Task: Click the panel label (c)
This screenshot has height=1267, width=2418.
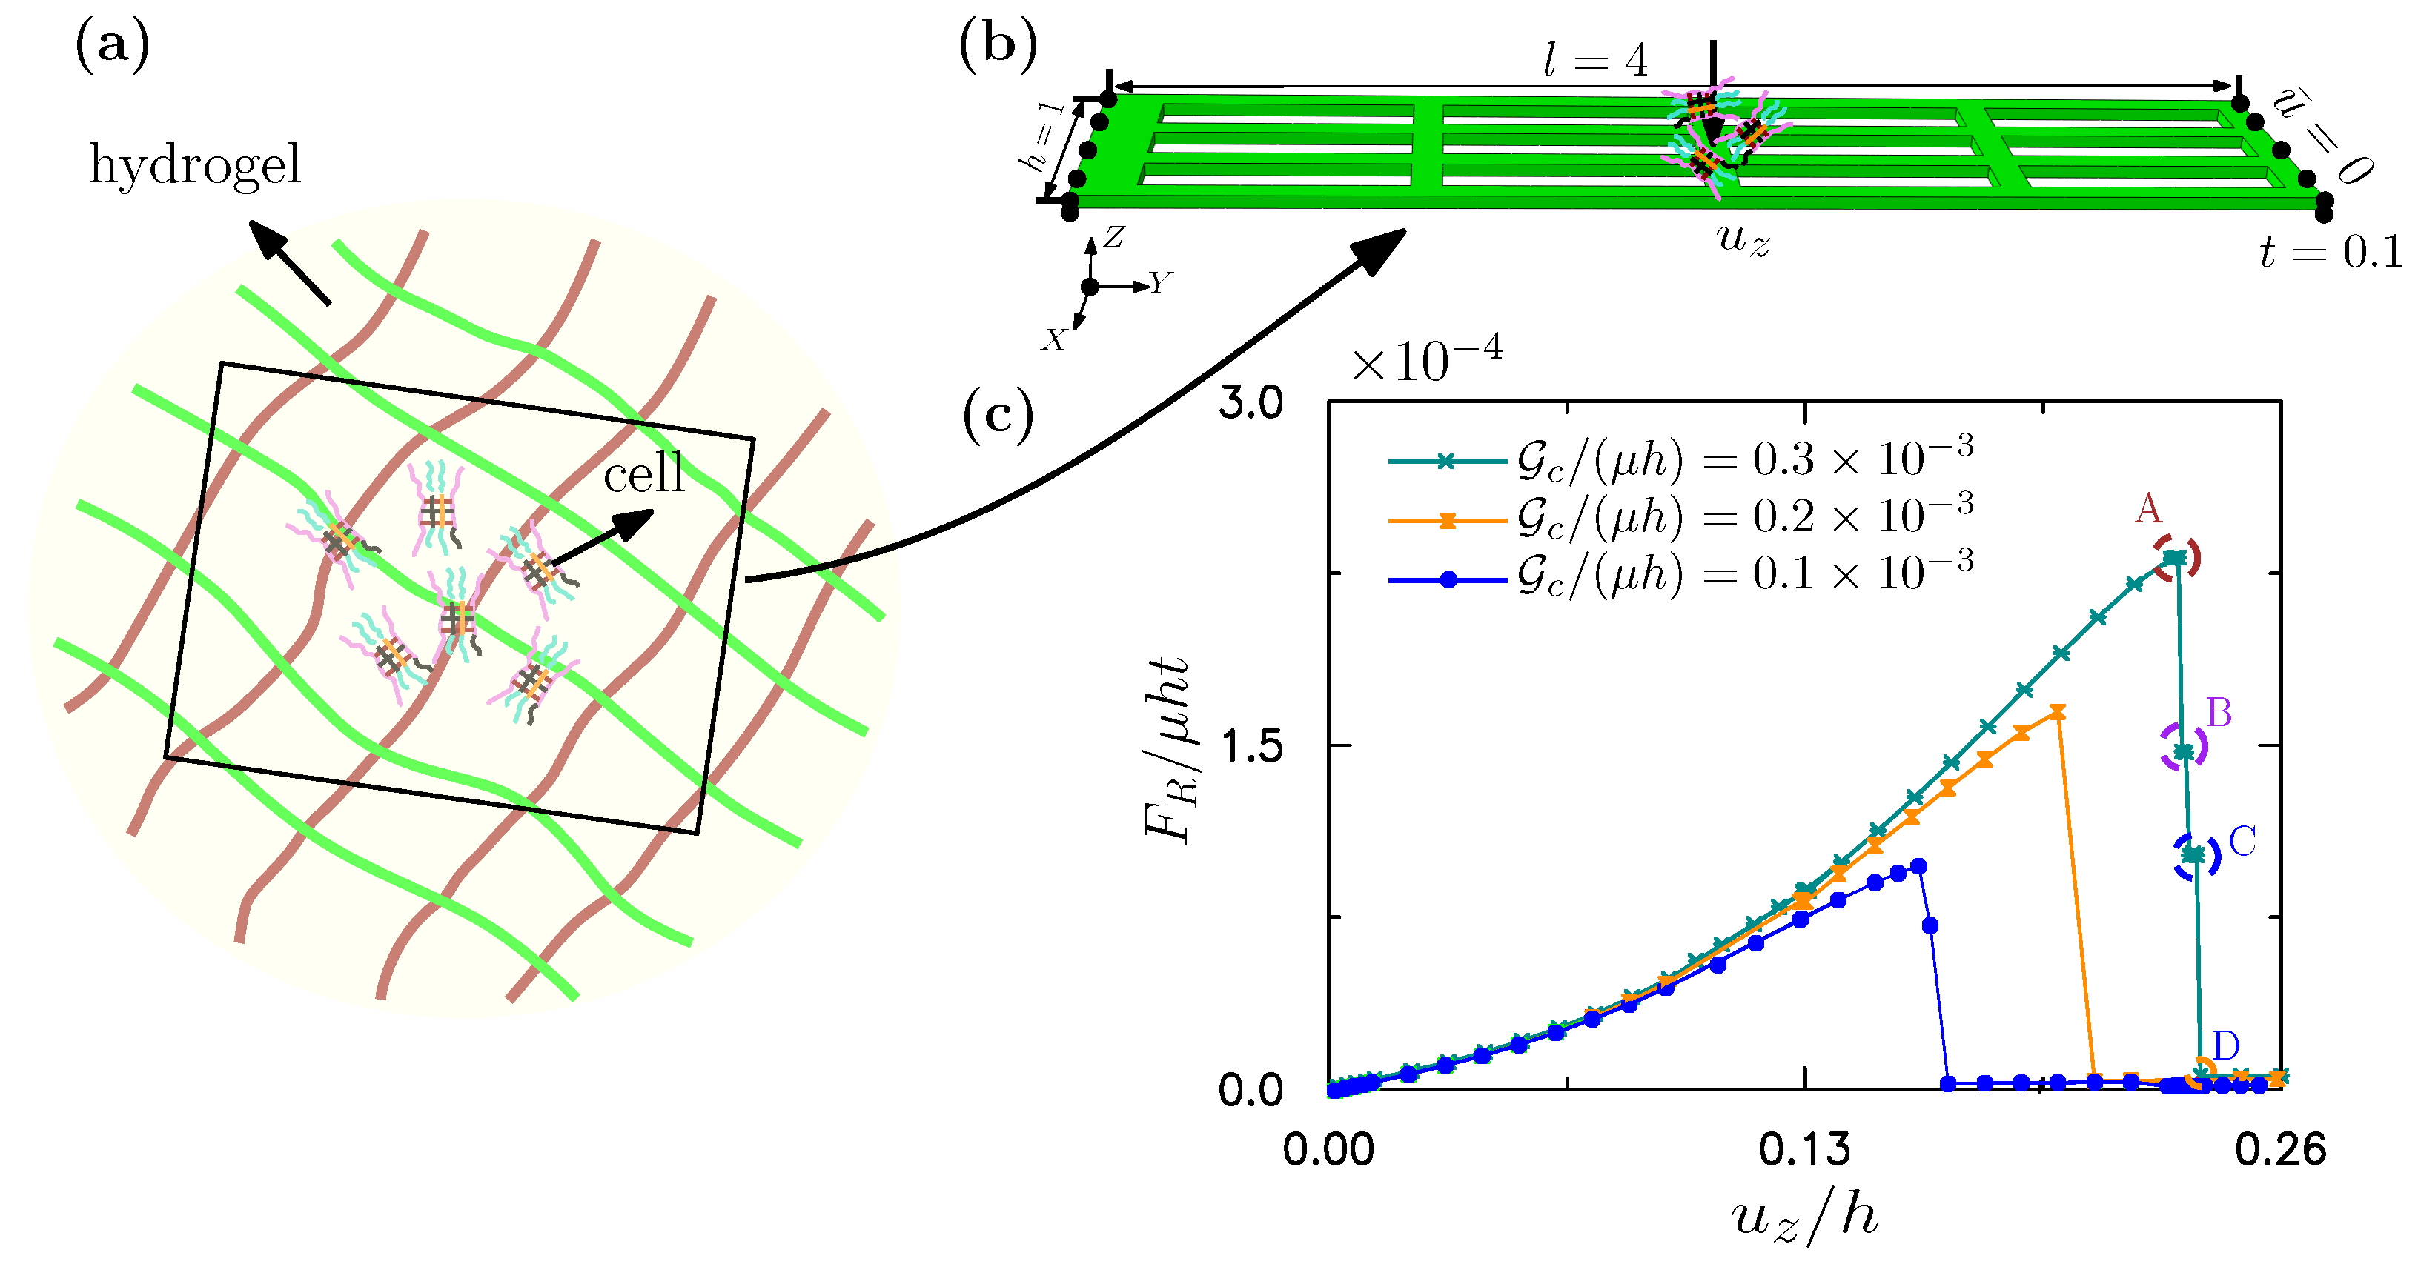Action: [998, 415]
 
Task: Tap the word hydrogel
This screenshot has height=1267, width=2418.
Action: [195, 165]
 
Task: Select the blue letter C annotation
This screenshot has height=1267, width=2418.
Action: [2242, 842]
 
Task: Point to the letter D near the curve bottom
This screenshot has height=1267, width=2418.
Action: [2225, 1045]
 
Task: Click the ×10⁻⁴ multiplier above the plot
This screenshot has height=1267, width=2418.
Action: [1426, 359]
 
